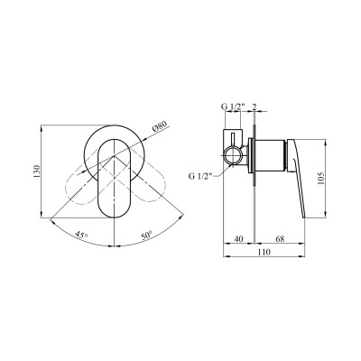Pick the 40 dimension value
pyautogui.click(x=236, y=239)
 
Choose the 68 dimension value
pyautogui.click(x=281, y=239)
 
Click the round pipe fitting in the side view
pyautogui.click(x=237, y=151)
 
